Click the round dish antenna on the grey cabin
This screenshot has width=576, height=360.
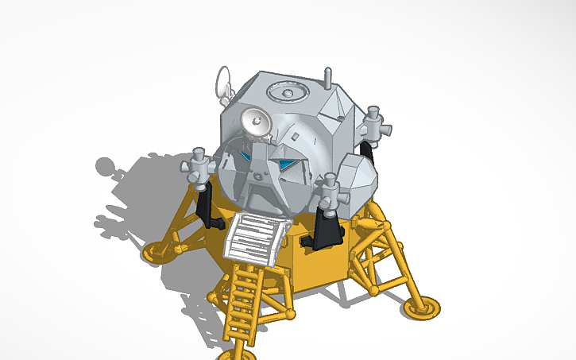tap(256, 122)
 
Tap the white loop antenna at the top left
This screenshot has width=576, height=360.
tap(223, 79)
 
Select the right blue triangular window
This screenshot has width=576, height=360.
tap(287, 165)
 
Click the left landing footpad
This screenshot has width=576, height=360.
tap(157, 253)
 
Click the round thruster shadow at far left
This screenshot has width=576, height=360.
tap(106, 167)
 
